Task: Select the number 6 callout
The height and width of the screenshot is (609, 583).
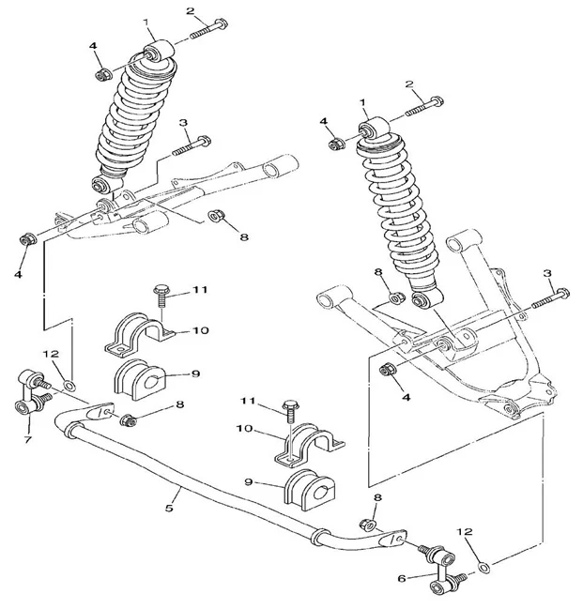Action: point(401,578)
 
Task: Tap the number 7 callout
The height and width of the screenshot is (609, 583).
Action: point(26,438)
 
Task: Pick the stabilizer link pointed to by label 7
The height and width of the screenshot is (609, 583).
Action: point(32,393)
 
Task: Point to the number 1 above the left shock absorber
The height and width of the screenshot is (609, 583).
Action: point(146,22)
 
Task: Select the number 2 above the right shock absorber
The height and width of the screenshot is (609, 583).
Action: point(409,84)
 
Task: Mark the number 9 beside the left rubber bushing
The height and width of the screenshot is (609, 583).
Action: point(196,373)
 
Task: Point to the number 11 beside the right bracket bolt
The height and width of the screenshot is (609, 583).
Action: point(248,402)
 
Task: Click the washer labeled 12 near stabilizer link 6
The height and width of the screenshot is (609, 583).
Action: point(483,566)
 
